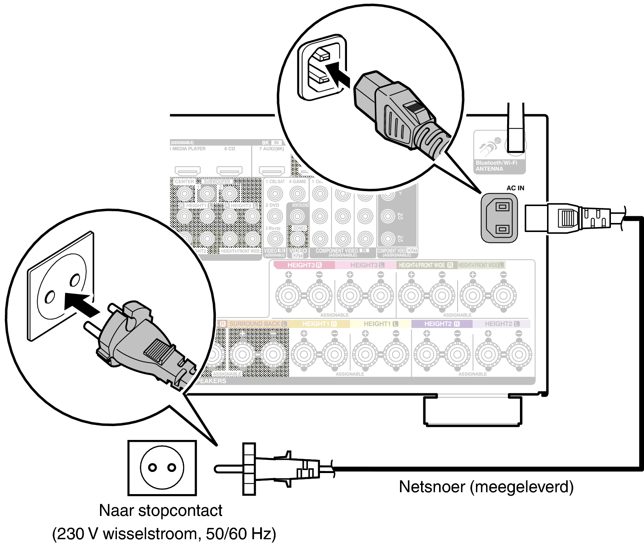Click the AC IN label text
[x=515, y=188]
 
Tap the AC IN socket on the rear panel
[x=499, y=218]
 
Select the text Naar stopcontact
[x=161, y=511]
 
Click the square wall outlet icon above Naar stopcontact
[x=162, y=468]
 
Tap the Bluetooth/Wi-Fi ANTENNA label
[x=496, y=166]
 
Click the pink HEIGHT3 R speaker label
[x=304, y=265]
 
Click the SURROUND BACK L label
[x=258, y=324]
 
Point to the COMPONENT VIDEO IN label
[x=342, y=251]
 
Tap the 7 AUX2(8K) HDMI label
[x=271, y=149]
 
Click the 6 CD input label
[x=229, y=149]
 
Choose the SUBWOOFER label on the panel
[x=217, y=182]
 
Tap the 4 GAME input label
[x=297, y=182]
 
